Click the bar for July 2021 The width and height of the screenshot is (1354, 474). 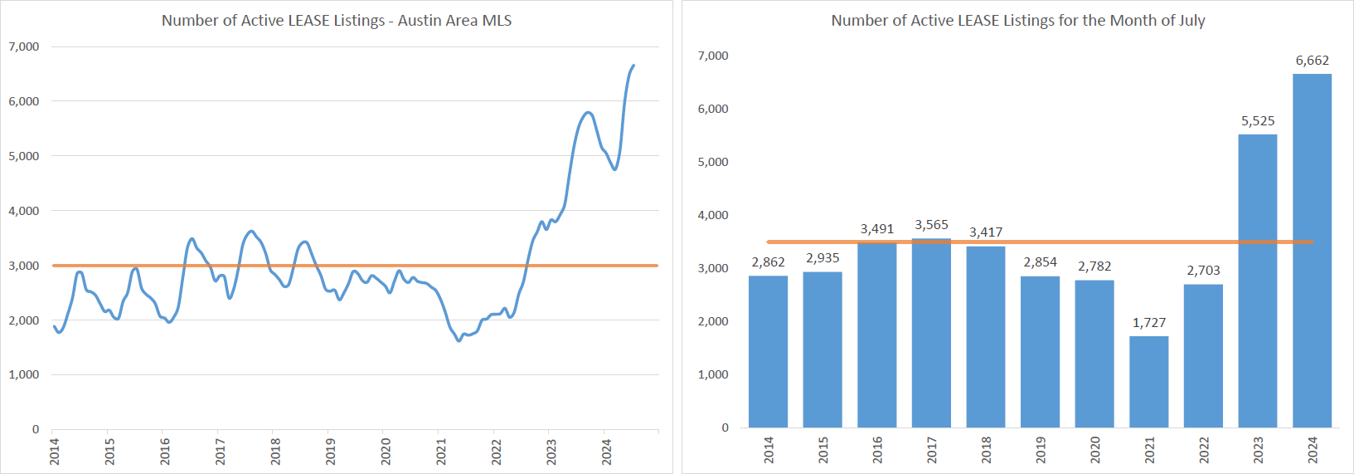point(1148,382)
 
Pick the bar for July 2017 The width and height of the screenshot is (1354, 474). point(931,333)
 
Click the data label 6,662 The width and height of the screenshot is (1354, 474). point(1312,61)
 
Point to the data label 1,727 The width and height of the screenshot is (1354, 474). point(1148,323)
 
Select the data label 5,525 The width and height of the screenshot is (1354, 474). point(1257,121)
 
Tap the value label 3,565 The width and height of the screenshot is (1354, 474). point(931,225)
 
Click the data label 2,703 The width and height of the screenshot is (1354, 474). point(1203,271)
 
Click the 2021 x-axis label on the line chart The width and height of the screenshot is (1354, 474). point(441,452)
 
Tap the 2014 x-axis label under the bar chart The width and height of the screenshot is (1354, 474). point(769,450)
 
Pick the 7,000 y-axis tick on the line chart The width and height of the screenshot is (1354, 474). point(24,46)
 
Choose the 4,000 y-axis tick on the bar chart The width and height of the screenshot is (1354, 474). point(713,215)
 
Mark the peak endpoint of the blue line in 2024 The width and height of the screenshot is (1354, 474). point(633,66)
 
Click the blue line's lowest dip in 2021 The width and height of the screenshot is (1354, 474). point(459,340)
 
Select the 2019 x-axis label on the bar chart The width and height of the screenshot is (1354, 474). point(1041,450)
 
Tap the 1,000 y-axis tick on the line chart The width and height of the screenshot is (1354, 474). point(24,374)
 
